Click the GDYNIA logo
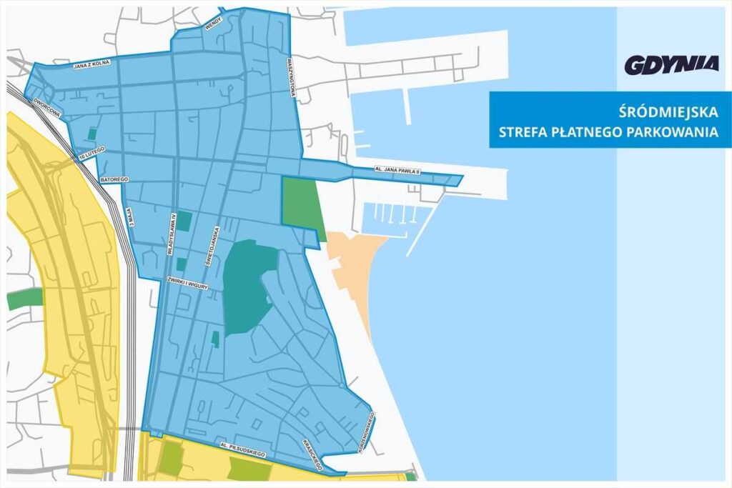coord(671,65)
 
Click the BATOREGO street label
coord(114,179)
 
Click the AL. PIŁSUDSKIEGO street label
coord(243,449)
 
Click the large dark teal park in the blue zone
coord(247,286)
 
